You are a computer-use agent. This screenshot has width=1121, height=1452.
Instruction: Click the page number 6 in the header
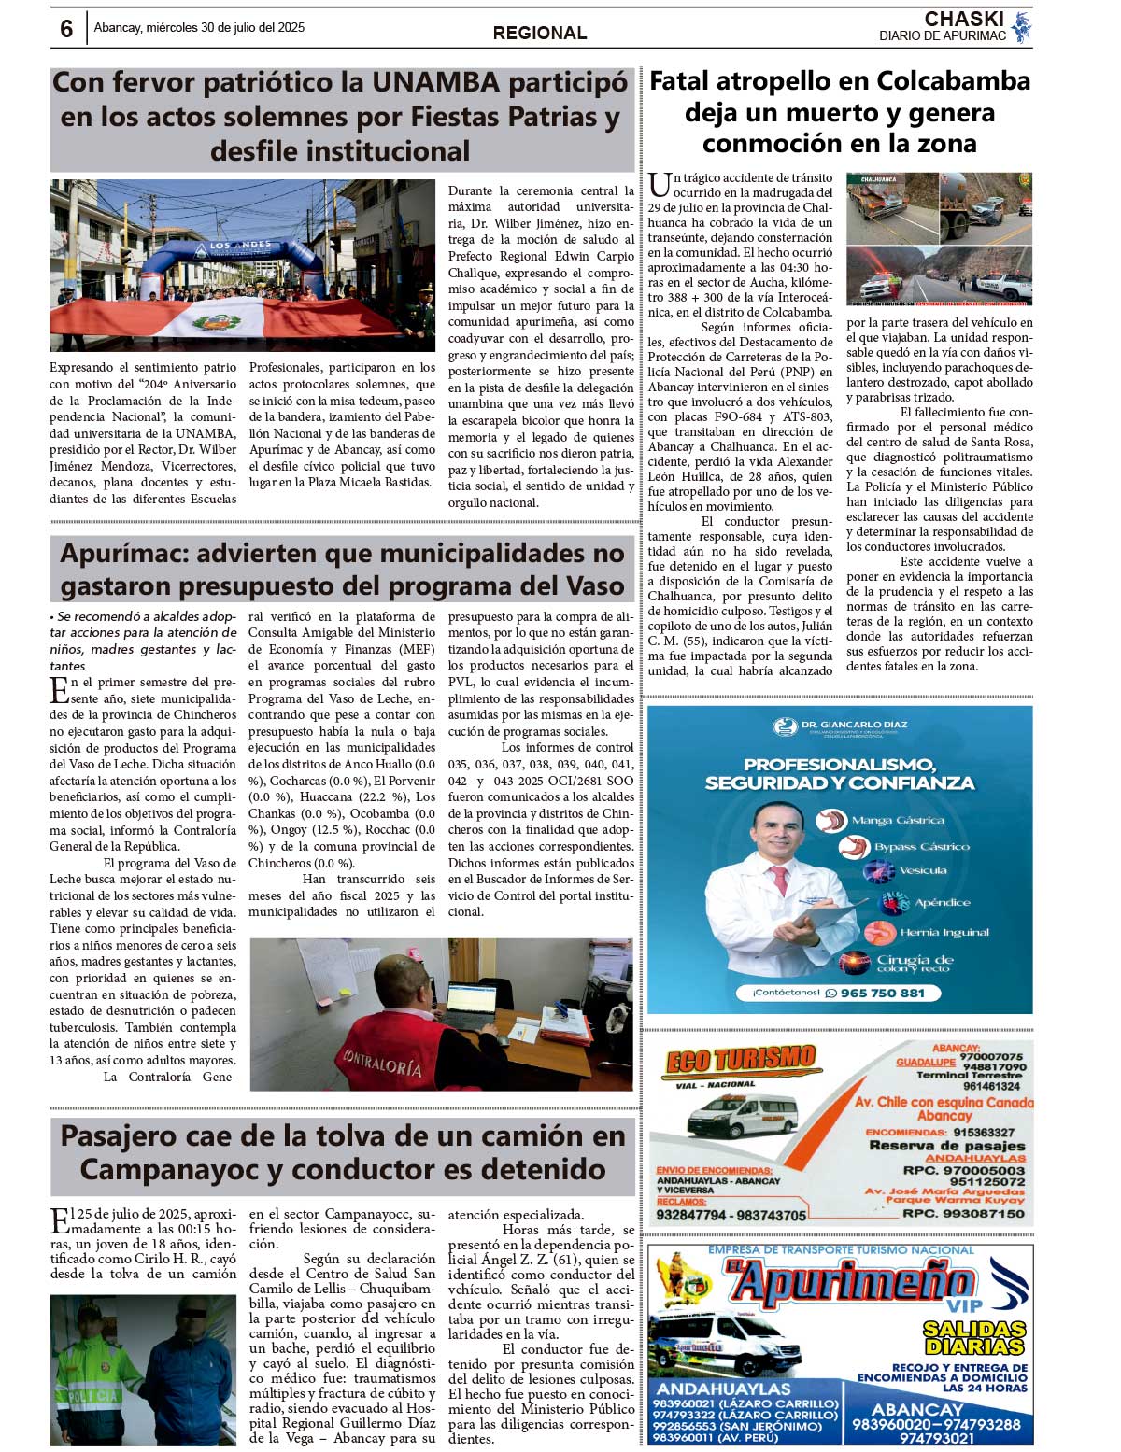tap(66, 29)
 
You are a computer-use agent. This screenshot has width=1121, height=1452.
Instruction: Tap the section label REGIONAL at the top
tap(540, 34)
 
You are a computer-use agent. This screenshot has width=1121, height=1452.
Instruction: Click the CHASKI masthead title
tap(964, 19)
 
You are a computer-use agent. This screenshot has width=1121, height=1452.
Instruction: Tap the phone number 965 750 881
tap(882, 993)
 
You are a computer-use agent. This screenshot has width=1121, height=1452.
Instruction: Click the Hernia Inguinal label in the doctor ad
tap(944, 933)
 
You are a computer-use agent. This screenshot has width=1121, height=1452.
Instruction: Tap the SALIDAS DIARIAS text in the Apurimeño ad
tap(973, 1338)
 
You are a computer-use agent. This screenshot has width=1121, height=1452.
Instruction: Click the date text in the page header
tap(199, 28)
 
